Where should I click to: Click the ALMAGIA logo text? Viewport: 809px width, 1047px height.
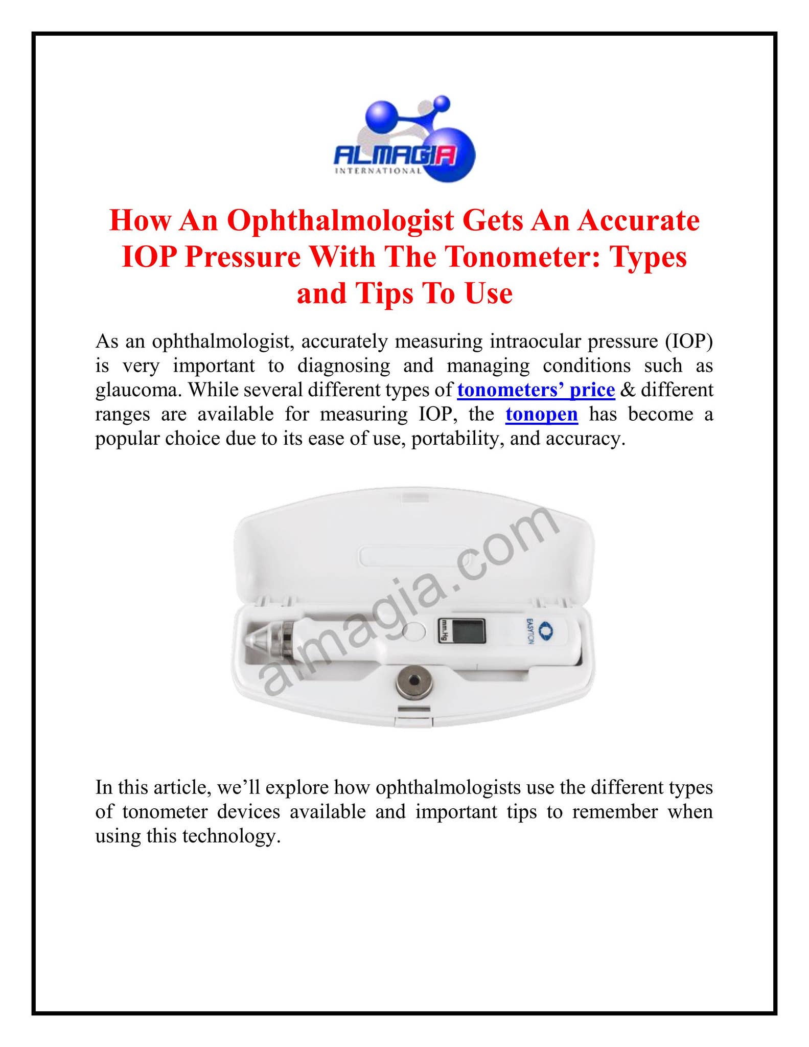pos(394,155)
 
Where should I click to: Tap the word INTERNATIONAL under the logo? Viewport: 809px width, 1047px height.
pos(378,171)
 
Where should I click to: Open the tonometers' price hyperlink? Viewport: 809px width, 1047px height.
pos(536,390)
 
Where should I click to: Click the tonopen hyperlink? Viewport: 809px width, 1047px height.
pos(541,414)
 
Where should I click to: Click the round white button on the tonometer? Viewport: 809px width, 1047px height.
pos(414,632)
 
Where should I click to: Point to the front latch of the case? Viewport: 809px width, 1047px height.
pos(414,717)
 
